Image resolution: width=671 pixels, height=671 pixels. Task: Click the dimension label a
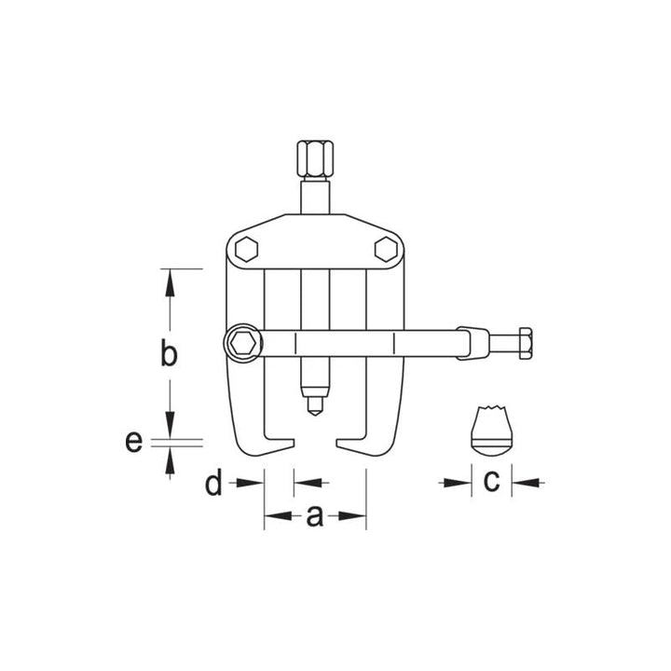point(315,515)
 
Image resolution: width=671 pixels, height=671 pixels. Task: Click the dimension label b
point(168,355)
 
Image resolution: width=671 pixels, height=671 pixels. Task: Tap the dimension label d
point(214,484)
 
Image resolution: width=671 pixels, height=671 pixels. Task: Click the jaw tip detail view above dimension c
point(491,431)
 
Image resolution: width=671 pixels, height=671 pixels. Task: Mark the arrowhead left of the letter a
point(276,515)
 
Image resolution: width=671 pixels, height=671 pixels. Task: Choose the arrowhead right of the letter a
point(353,515)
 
